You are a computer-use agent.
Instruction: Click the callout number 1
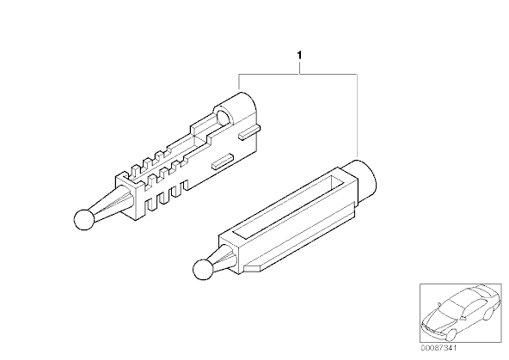pos(299,56)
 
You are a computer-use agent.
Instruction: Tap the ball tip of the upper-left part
pos(84,220)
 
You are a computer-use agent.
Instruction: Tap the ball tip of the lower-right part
pos(203,270)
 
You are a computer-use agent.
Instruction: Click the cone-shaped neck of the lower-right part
pos(224,258)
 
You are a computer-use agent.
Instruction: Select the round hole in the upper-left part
pos(224,118)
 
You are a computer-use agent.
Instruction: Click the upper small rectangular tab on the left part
pos(249,133)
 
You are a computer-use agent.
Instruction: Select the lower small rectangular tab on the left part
pos(223,162)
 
